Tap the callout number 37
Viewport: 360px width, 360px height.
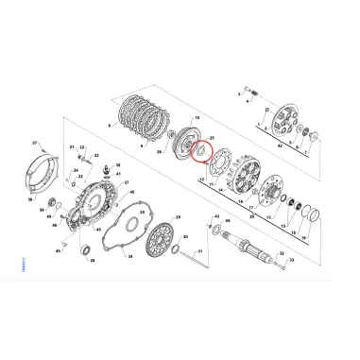pos(35,143)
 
